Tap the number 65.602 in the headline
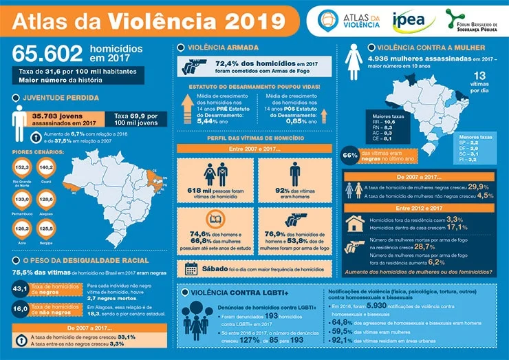47,54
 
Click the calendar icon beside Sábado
192,268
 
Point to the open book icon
214,221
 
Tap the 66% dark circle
350,156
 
